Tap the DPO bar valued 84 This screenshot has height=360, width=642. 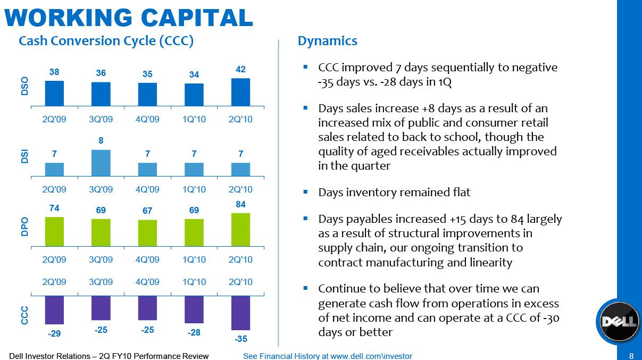click(240, 230)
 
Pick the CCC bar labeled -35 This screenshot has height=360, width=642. click(240, 313)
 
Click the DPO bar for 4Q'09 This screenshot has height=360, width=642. click(147, 233)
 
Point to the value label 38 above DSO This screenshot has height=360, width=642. click(54, 71)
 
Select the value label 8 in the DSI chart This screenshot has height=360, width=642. click(101, 141)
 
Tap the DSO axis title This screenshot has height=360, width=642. click(24, 86)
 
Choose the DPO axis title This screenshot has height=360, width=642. click(24, 227)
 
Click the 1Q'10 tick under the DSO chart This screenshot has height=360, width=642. click(194, 119)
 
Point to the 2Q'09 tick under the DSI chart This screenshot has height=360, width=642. click(54, 189)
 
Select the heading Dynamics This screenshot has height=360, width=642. click(327, 41)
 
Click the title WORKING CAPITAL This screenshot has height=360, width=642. click(128, 17)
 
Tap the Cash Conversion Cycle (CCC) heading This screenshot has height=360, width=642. click(105, 41)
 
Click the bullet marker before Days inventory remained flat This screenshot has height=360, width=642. click(305, 191)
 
